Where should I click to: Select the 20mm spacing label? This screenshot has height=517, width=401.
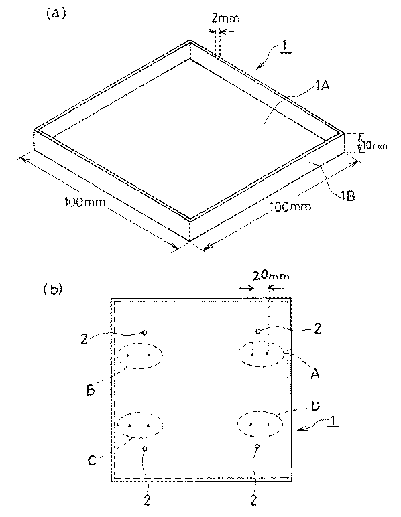(271, 275)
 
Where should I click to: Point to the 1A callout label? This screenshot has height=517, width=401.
(322, 86)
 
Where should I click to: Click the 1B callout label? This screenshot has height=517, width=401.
(347, 196)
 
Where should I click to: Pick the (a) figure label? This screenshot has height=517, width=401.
(56, 14)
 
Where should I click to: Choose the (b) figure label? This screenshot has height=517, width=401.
(53, 289)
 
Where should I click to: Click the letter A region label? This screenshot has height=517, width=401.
(315, 374)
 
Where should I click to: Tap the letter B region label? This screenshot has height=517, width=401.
(90, 390)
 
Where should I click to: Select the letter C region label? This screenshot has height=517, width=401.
(92, 460)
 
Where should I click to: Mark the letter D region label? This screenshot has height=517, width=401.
(316, 407)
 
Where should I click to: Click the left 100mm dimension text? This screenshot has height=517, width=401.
(84, 202)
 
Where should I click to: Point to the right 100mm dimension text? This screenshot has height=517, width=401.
(290, 207)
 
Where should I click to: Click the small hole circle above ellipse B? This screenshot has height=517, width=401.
(145, 332)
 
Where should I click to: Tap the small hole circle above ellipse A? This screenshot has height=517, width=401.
(258, 331)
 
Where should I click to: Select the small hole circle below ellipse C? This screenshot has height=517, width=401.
(144, 449)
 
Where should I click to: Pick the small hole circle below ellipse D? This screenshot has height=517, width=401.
(257, 447)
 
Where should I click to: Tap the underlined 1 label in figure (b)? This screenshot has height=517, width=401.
(333, 421)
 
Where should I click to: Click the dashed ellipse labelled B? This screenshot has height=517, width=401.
(140, 344)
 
